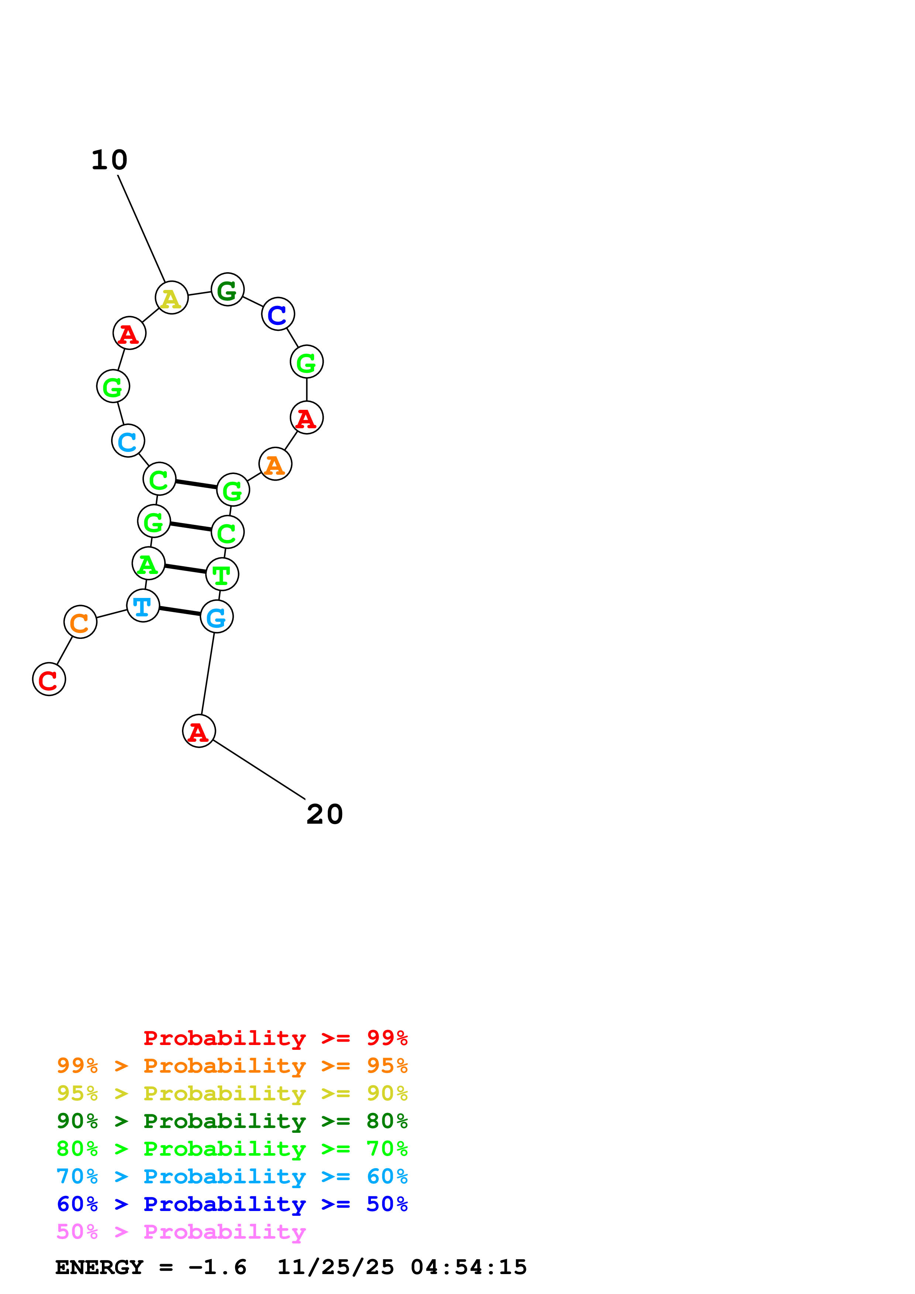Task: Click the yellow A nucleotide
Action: pyautogui.click(x=171, y=298)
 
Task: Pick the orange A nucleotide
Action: pyautogui.click(x=275, y=464)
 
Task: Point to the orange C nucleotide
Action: pyautogui.click(x=80, y=622)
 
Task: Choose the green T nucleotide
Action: pyautogui.click(x=222, y=575)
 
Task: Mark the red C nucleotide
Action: pyautogui.click(x=49, y=680)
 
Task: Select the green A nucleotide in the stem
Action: pyautogui.click(x=148, y=564)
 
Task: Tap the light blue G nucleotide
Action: pyautogui.click(x=217, y=617)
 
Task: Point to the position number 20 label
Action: pyautogui.click(x=325, y=814)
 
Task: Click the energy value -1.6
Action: pyautogui.click(x=218, y=1267)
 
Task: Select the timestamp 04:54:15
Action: pyautogui.click(x=468, y=1267)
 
